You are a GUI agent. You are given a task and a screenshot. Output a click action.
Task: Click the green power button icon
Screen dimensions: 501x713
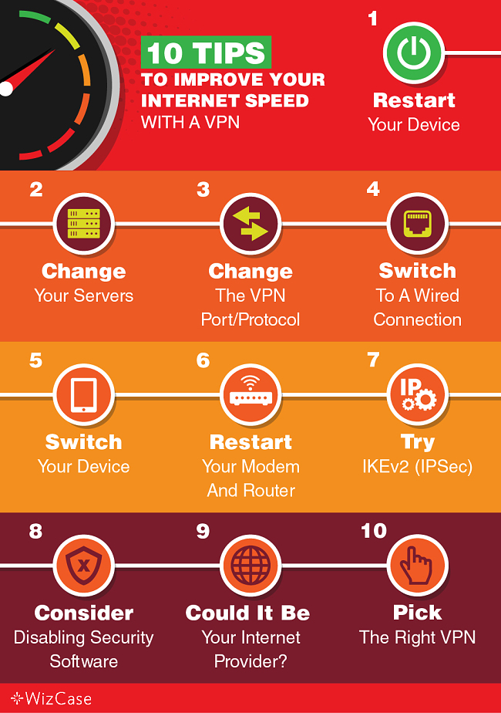(x=413, y=52)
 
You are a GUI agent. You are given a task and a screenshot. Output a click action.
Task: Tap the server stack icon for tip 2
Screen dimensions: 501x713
(x=83, y=223)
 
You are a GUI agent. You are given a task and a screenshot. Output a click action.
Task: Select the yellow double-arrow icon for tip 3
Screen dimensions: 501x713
(x=250, y=223)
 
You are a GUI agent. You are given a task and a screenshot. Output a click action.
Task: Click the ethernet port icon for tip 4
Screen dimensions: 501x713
(x=418, y=223)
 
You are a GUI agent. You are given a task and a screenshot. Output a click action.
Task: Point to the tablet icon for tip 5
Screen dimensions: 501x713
(x=83, y=394)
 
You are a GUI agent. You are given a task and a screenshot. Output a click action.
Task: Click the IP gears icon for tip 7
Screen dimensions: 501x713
(x=418, y=394)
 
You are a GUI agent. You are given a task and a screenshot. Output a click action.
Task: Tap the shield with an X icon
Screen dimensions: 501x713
(x=83, y=565)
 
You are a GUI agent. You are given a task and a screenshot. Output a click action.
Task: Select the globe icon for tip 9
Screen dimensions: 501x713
(x=250, y=565)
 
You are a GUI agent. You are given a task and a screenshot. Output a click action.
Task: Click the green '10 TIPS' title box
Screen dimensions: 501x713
(x=206, y=52)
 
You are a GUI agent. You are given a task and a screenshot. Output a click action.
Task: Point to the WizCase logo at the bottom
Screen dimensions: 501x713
(x=51, y=698)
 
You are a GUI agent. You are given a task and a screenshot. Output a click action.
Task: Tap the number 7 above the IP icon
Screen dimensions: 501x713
(x=373, y=360)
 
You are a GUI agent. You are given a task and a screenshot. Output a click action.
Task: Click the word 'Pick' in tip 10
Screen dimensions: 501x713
(x=418, y=613)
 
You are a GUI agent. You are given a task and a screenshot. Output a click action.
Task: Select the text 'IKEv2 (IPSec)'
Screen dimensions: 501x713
(x=418, y=467)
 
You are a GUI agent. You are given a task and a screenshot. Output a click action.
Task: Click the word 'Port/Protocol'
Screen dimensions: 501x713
(x=250, y=319)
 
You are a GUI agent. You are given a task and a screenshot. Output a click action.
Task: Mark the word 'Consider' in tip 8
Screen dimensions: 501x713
(x=83, y=613)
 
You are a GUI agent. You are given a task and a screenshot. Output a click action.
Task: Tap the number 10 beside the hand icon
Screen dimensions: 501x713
(x=374, y=531)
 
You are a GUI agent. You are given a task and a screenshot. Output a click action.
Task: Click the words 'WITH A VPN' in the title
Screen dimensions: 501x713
(x=190, y=123)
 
